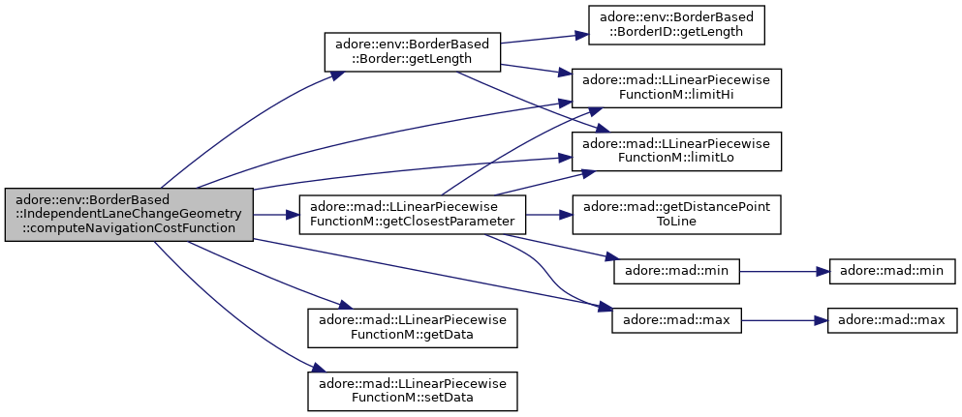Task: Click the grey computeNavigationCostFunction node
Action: coord(129,215)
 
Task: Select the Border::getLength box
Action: coord(413,51)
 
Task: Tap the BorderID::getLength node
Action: coord(676,24)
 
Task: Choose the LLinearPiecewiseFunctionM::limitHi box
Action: coord(676,88)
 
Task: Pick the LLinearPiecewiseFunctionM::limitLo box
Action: coord(676,151)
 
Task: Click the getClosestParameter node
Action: coord(413,215)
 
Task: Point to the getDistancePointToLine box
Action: coord(676,215)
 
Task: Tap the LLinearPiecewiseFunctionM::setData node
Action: coord(413,391)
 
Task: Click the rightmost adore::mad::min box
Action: coord(892,271)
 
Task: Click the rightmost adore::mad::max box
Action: coord(892,321)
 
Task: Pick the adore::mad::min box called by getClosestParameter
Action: coord(676,271)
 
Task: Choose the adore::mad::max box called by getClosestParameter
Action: coord(676,321)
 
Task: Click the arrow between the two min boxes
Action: coord(784,271)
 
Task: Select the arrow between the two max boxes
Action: coord(784,321)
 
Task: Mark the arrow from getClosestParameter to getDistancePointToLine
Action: coord(548,215)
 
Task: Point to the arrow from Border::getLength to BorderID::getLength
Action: coord(544,39)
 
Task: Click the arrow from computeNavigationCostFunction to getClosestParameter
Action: coord(276,215)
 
